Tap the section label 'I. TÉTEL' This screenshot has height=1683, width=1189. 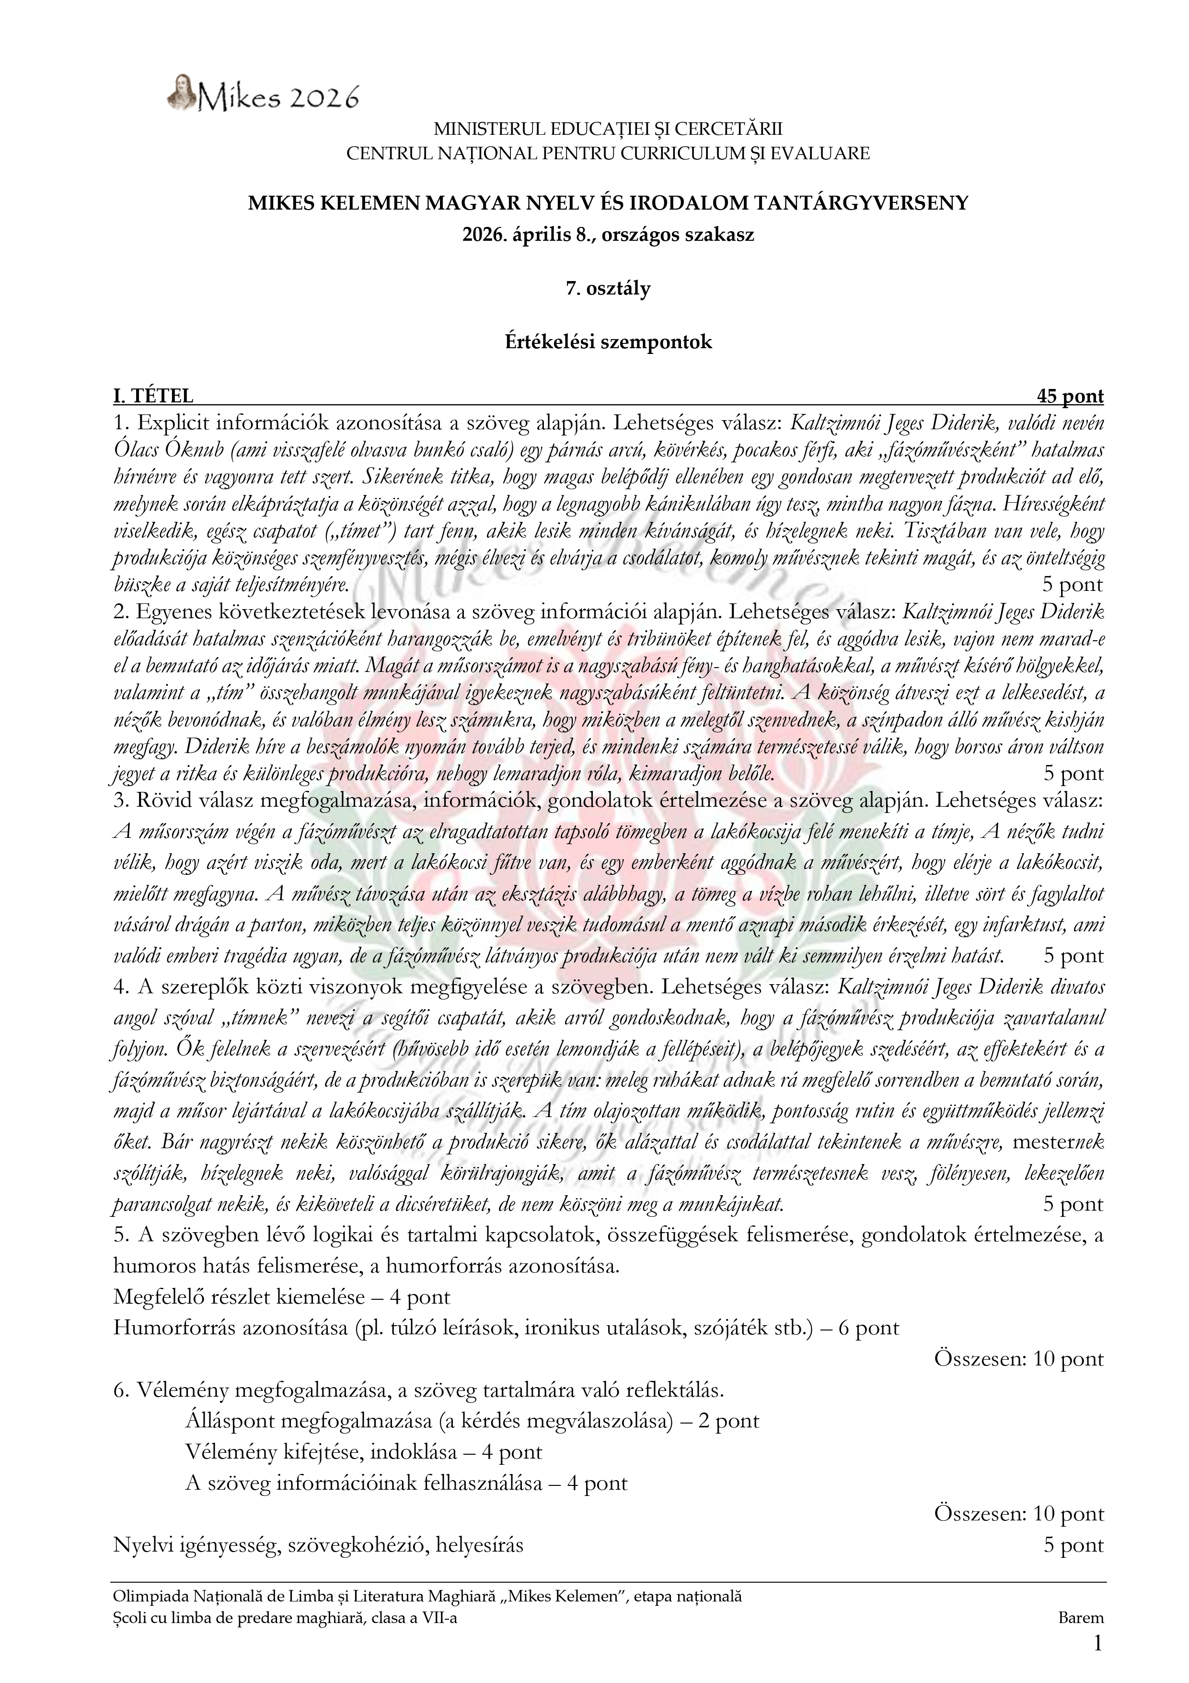153,397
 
